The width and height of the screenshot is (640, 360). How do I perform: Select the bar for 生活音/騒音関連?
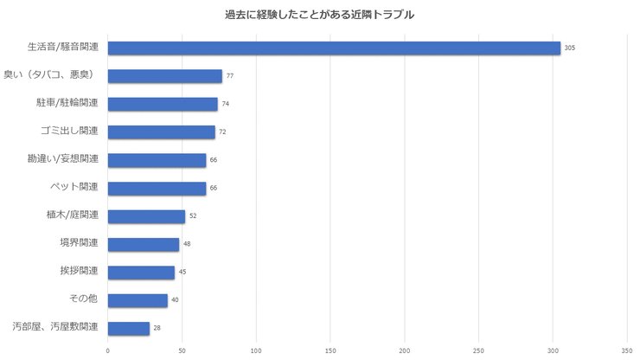pyautogui.click(x=334, y=48)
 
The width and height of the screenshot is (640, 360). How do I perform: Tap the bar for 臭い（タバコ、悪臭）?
pyautogui.click(x=164, y=76)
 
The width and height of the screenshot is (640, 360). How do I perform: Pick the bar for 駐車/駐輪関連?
pyautogui.click(x=163, y=104)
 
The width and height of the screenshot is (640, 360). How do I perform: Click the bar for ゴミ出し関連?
pyautogui.click(x=161, y=132)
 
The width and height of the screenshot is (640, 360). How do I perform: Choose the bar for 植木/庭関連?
pyautogui.click(x=146, y=216)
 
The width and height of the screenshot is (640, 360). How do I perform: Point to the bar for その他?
pyautogui.click(x=138, y=300)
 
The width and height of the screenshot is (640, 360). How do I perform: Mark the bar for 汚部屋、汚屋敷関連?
pyautogui.click(x=129, y=328)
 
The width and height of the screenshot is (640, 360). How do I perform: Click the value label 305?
pyautogui.click(x=569, y=48)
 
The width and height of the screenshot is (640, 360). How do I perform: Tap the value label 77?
pyautogui.click(x=230, y=76)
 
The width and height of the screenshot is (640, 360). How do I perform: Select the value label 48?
pyautogui.click(x=187, y=244)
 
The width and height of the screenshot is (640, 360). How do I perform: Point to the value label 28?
pyautogui.click(x=157, y=329)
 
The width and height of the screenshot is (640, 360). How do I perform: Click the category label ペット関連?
pyautogui.click(x=74, y=187)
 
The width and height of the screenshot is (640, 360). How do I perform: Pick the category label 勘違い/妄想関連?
pyautogui.click(x=63, y=159)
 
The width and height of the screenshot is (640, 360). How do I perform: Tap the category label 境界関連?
pyautogui.click(x=79, y=243)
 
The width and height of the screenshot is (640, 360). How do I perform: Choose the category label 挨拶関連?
pyautogui.click(x=79, y=272)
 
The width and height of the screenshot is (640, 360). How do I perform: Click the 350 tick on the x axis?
pyautogui.click(x=627, y=350)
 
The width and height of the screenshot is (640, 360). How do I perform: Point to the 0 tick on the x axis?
pyautogui.click(x=108, y=350)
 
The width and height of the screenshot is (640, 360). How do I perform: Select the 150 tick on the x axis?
pyautogui.click(x=330, y=350)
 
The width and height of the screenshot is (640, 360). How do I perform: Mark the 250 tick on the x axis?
pyautogui.click(x=479, y=350)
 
